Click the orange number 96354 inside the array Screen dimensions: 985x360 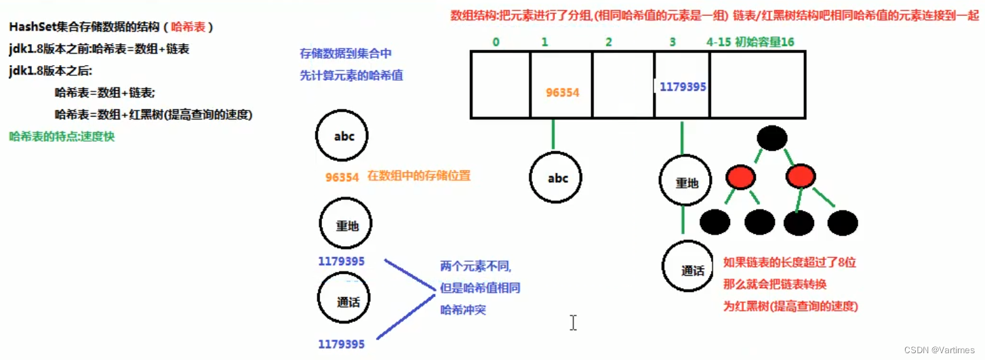(562, 92)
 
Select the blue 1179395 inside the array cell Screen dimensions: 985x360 (683, 87)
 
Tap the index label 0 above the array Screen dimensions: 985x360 (496, 42)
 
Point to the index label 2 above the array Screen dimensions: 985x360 (608, 42)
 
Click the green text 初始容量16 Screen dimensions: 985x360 (765, 42)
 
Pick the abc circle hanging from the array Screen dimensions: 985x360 (557, 178)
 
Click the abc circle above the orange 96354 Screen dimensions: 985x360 (344, 136)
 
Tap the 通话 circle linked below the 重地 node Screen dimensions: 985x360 (693, 270)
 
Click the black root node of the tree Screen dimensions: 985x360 (772, 139)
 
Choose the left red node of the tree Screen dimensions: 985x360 (740, 178)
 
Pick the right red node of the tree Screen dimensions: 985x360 (800, 178)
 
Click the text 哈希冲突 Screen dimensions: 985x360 (463, 310)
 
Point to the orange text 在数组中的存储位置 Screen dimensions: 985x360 (418, 176)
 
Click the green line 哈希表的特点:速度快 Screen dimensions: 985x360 (62, 136)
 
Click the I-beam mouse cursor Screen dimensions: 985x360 (573, 323)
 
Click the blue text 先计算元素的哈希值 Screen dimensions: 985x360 (351, 75)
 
